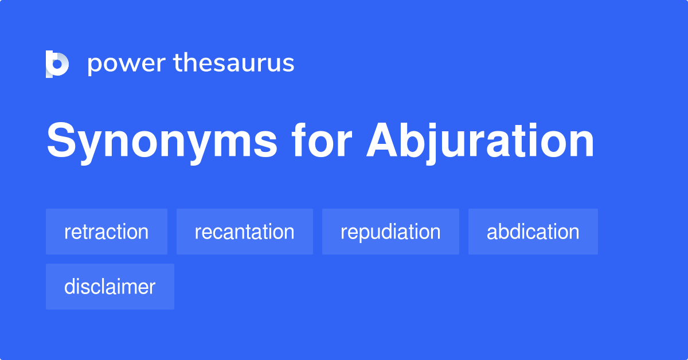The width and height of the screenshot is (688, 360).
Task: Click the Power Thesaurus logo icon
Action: point(57,64)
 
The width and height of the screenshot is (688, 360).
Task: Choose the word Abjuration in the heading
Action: point(480,142)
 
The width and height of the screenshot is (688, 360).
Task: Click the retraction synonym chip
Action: point(107,232)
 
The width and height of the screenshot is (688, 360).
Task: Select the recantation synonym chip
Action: point(245,232)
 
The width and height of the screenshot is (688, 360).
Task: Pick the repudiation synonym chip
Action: point(390,232)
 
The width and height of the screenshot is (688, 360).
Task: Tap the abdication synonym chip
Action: point(533,232)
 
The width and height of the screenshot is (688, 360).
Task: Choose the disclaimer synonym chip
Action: point(110,287)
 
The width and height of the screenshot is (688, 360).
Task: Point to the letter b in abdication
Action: point(505,232)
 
